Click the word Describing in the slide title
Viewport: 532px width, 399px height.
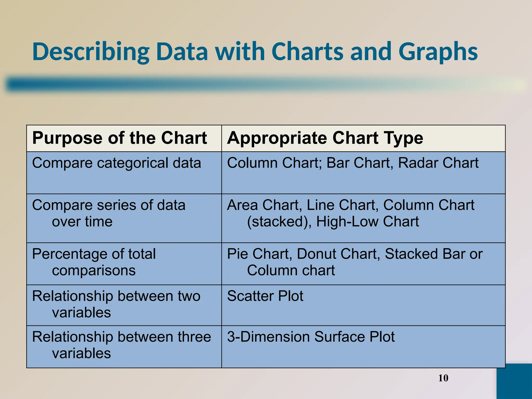[91, 51]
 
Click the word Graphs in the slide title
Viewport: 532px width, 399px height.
[438, 51]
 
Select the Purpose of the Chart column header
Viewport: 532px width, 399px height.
[119, 138]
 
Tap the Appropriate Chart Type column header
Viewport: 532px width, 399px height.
[325, 138]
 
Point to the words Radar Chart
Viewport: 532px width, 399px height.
[438, 163]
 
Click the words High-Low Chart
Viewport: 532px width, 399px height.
[367, 222]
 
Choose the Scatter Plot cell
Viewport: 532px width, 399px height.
[265, 296]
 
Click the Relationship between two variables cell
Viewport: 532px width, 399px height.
[116, 304]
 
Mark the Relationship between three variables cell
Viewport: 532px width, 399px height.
[121, 345]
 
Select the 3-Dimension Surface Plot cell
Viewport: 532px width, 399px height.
[311, 337]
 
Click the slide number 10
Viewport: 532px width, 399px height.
[443, 378]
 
